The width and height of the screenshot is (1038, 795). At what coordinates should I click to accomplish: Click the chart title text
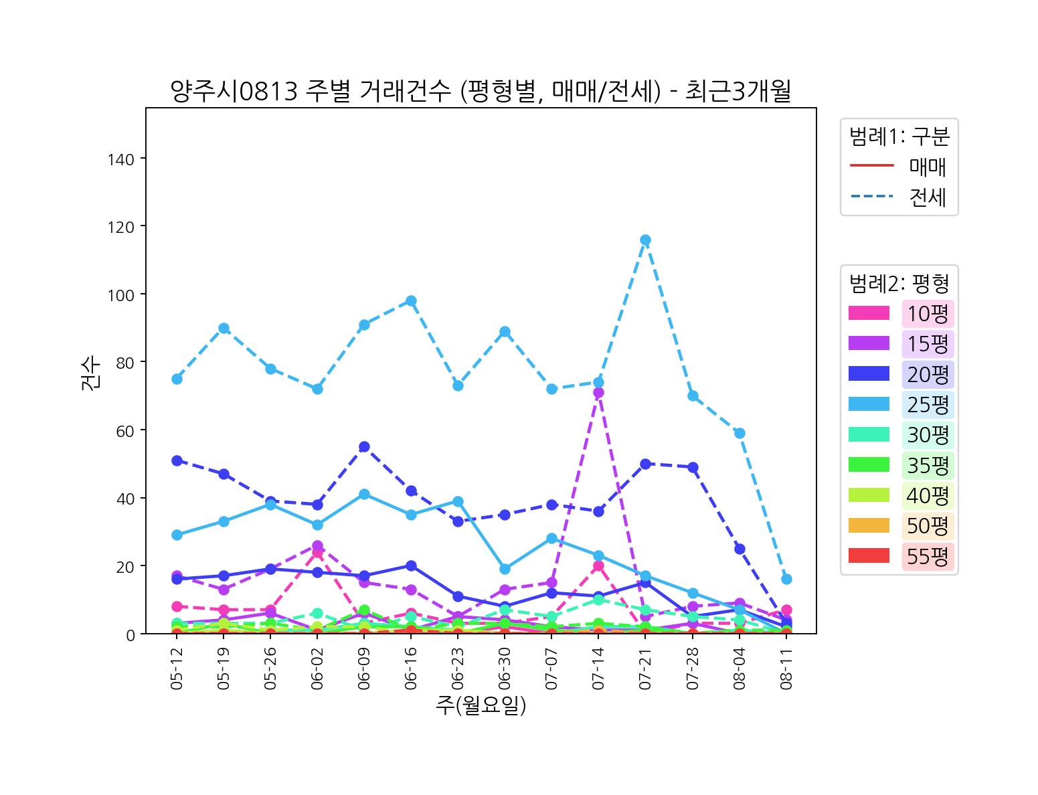point(481,91)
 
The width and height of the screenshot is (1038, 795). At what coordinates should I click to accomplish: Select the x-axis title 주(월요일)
point(481,705)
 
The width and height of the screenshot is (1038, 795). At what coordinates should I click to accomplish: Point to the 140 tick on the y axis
point(120,159)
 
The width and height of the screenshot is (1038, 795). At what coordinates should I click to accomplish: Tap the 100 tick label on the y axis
point(120,295)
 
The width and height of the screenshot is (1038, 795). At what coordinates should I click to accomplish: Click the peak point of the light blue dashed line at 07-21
point(645,240)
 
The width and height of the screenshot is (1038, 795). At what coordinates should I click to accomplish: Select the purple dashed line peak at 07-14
point(598,393)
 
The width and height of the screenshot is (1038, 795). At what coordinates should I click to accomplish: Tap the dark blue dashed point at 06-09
point(364,447)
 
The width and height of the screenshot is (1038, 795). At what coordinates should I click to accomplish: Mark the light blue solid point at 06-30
point(505,569)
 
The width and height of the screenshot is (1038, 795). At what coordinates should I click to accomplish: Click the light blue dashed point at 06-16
point(411,301)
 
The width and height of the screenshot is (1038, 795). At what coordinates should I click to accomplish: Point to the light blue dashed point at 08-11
point(786,579)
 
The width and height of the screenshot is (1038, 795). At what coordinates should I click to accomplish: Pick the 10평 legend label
point(928,313)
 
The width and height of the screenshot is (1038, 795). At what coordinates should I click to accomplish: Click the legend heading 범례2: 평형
point(899,284)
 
